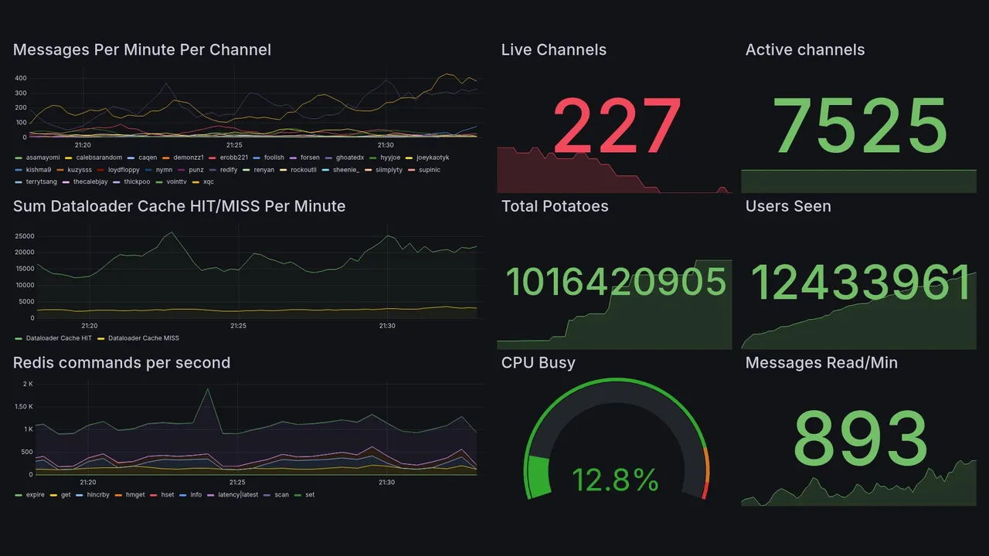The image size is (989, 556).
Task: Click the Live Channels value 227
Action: pyautogui.click(x=617, y=125)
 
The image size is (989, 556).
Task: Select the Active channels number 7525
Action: pyautogui.click(x=860, y=125)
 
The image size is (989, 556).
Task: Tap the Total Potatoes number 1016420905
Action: pyautogui.click(x=616, y=282)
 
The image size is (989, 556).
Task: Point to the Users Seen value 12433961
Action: pyautogui.click(x=861, y=282)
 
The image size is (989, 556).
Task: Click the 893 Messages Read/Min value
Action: pyautogui.click(x=860, y=439)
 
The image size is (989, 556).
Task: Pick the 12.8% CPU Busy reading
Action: pyautogui.click(x=615, y=480)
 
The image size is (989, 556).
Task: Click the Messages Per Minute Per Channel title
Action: pyautogui.click(x=142, y=50)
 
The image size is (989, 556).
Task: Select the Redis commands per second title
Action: pyautogui.click(x=121, y=363)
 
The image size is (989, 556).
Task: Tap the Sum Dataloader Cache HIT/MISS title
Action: pyautogui.click(x=179, y=206)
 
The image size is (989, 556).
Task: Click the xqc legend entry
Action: pyautogui.click(x=208, y=182)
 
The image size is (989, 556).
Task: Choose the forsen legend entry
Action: pyautogui.click(x=309, y=158)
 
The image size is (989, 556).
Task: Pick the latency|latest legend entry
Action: pyautogui.click(x=238, y=495)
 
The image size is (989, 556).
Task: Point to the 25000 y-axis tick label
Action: pyautogui.click(x=23, y=236)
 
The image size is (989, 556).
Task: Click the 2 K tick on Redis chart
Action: pyautogui.click(x=27, y=384)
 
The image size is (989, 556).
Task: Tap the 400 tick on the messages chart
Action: pyautogui.click(x=21, y=78)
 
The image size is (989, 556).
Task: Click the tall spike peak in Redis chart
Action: pyautogui.click(x=207, y=388)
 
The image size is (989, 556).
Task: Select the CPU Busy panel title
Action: pyautogui.click(x=538, y=363)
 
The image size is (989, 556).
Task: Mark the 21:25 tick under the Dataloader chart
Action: pyautogui.click(x=238, y=326)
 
